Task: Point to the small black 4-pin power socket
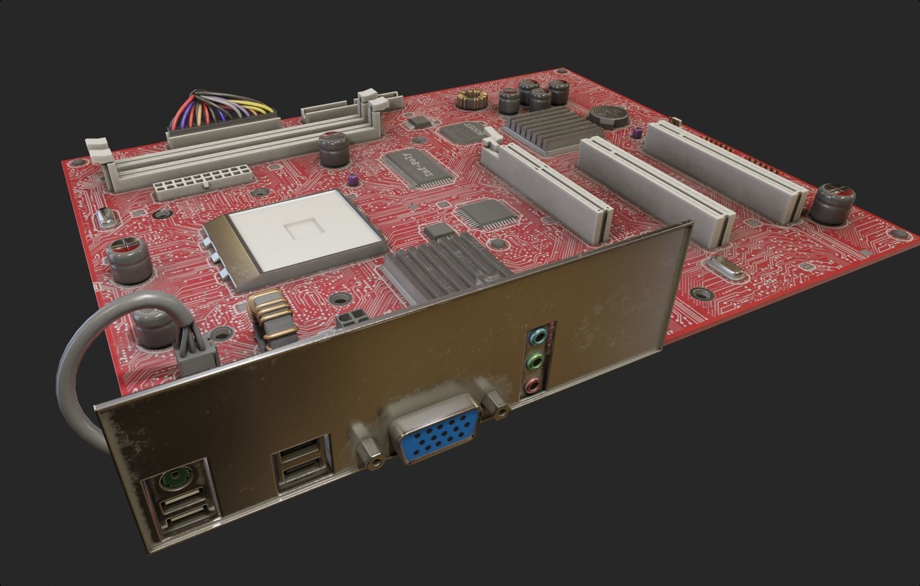tap(351, 319)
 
